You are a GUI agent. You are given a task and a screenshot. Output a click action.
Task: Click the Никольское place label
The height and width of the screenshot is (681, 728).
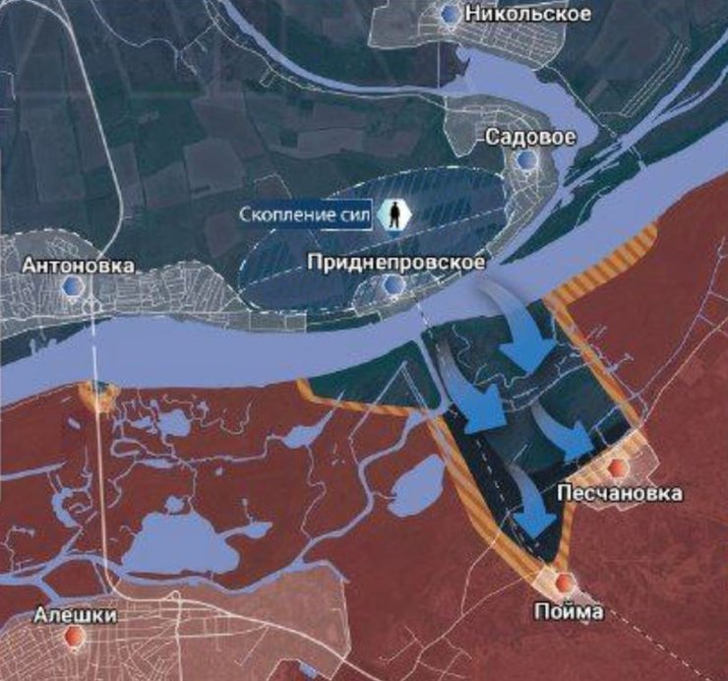529,14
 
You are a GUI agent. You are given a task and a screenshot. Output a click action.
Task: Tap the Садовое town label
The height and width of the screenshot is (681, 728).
530,137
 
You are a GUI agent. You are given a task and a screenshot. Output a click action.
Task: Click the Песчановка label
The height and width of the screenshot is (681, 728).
619,490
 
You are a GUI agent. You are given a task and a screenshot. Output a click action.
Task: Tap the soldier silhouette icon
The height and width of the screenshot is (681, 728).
395,215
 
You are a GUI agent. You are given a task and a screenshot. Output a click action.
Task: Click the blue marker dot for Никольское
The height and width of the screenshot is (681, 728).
451,14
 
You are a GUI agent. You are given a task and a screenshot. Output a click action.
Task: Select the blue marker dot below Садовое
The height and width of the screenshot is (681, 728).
529,159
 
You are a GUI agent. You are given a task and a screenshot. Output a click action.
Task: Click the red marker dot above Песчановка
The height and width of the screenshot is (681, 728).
618,467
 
